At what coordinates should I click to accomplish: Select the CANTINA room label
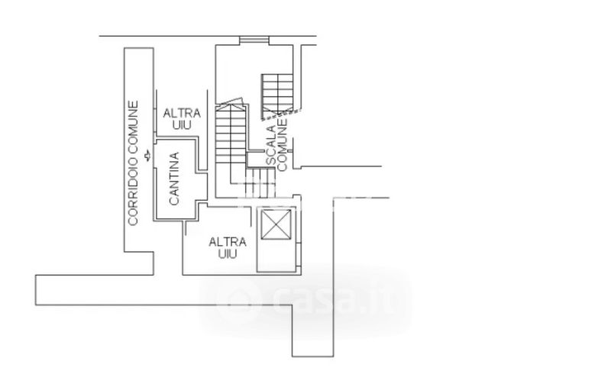[x=174, y=179]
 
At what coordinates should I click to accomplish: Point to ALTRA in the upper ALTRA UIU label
[x=182, y=113]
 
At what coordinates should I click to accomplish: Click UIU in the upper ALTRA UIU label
[x=181, y=124]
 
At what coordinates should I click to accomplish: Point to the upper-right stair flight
[x=276, y=93]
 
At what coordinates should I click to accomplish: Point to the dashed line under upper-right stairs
[x=276, y=116]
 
